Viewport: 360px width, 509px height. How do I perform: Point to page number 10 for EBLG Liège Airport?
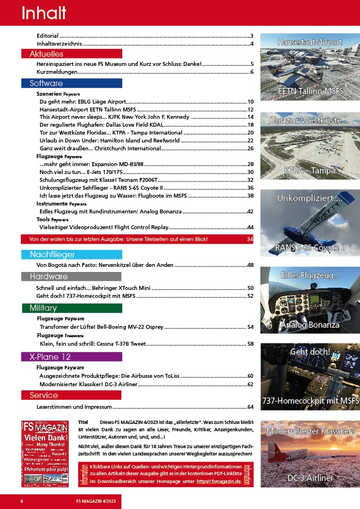pyautogui.click(x=250, y=101)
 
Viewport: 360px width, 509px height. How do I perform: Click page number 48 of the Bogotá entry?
pyautogui.click(x=250, y=265)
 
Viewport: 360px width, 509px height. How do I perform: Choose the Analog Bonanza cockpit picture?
pyautogui.click(x=310, y=301)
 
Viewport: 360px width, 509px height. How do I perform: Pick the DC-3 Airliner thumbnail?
pyautogui.click(x=310, y=454)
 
